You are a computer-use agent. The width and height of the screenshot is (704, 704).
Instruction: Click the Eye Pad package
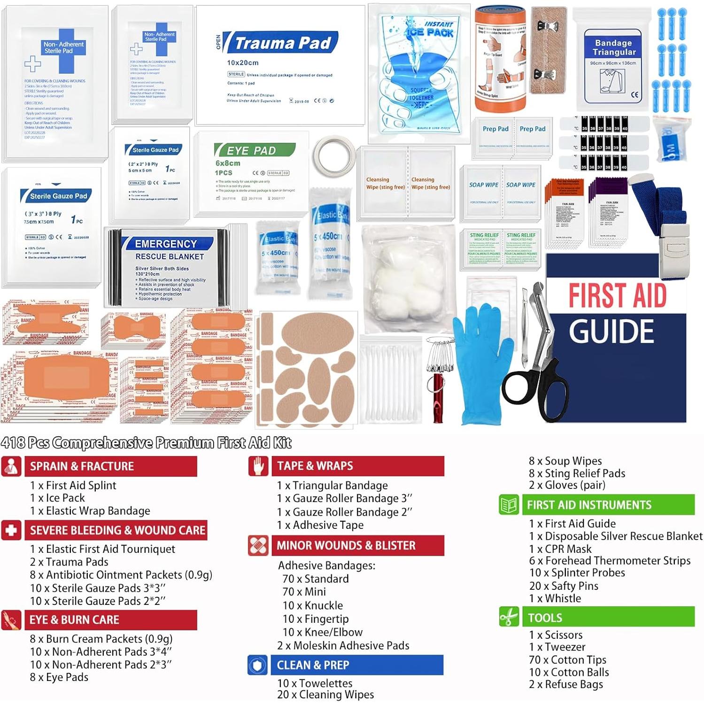click(254, 174)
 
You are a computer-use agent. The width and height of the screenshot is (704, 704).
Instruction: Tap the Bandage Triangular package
click(613, 66)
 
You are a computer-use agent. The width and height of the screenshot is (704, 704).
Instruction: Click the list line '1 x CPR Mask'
click(560, 549)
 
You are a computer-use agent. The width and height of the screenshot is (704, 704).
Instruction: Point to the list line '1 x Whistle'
click(555, 598)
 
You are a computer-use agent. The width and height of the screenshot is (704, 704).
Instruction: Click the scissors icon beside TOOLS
click(509, 617)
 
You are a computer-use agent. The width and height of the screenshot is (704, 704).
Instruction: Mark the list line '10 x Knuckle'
click(312, 605)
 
